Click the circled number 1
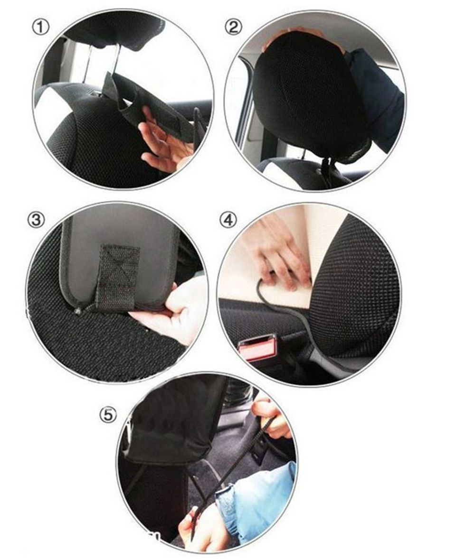coord(41,28)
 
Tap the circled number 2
coord(233,27)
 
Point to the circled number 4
coord(228,220)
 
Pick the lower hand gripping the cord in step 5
coord(200,528)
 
